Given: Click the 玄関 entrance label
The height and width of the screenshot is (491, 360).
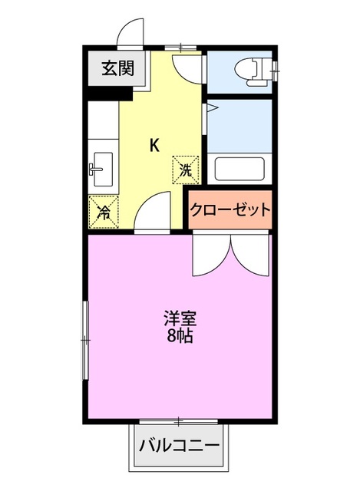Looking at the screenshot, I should (117, 69).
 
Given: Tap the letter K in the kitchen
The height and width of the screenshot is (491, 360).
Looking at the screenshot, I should (154, 145).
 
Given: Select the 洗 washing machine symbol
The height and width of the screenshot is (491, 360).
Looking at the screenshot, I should (187, 170).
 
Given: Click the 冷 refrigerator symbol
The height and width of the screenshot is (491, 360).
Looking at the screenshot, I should (103, 211).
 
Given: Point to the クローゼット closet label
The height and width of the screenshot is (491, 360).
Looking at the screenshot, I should (230, 209).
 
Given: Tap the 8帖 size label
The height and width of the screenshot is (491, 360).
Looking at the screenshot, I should (179, 335).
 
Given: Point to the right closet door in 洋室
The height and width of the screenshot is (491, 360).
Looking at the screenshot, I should (252, 257).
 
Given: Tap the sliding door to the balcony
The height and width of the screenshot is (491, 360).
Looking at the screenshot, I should (179, 421).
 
